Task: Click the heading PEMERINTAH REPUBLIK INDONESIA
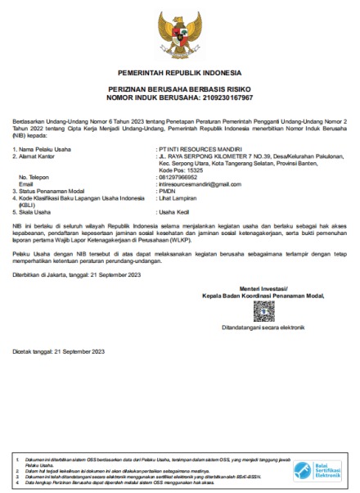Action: coord(181,72)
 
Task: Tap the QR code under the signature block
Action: coord(263,310)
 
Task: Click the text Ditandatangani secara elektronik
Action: coord(263,327)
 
